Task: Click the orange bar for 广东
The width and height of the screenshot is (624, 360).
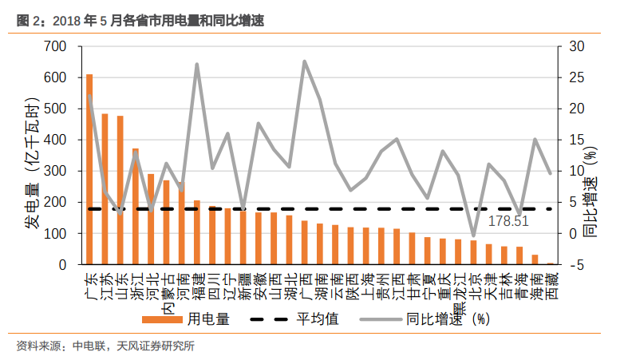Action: [89, 169]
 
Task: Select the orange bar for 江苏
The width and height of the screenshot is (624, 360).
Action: [105, 189]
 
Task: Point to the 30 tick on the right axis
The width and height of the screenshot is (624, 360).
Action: [572, 46]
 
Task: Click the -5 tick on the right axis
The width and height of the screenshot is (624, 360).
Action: [571, 264]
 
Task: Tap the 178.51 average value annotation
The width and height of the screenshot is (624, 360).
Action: [507, 220]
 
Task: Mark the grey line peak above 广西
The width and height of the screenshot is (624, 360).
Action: [305, 61]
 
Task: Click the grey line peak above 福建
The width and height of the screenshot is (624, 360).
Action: [197, 64]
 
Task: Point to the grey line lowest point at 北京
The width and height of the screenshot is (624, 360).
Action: [473, 235]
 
